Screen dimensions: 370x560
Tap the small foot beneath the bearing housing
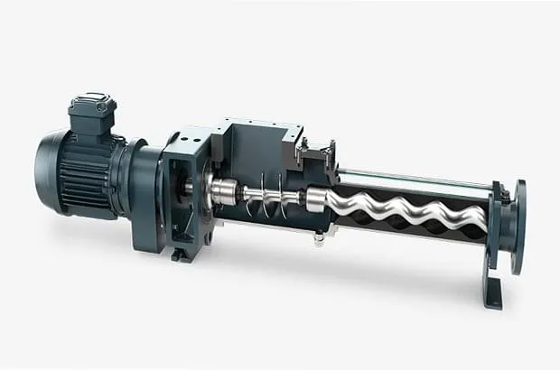(181, 254)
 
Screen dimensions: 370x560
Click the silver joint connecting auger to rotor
(316, 199)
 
